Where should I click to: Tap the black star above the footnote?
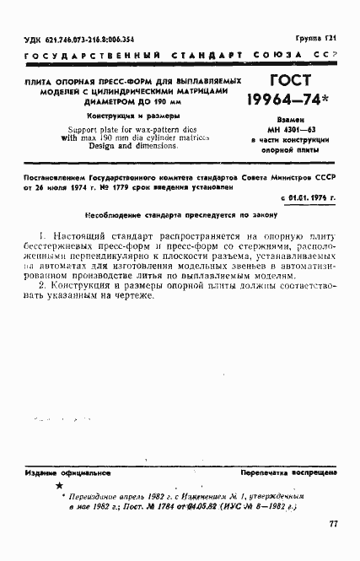coord(58,488)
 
